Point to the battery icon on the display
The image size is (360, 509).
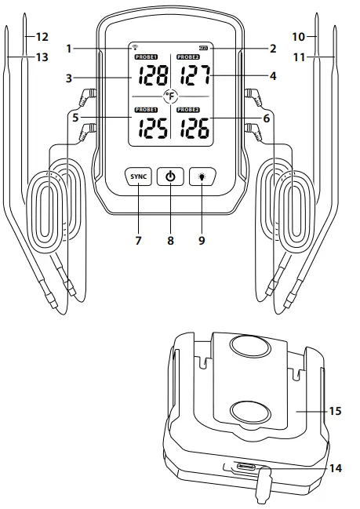tap(203, 48)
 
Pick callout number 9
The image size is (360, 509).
tap(202, 240)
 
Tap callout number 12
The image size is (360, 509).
tap(40, 36)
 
